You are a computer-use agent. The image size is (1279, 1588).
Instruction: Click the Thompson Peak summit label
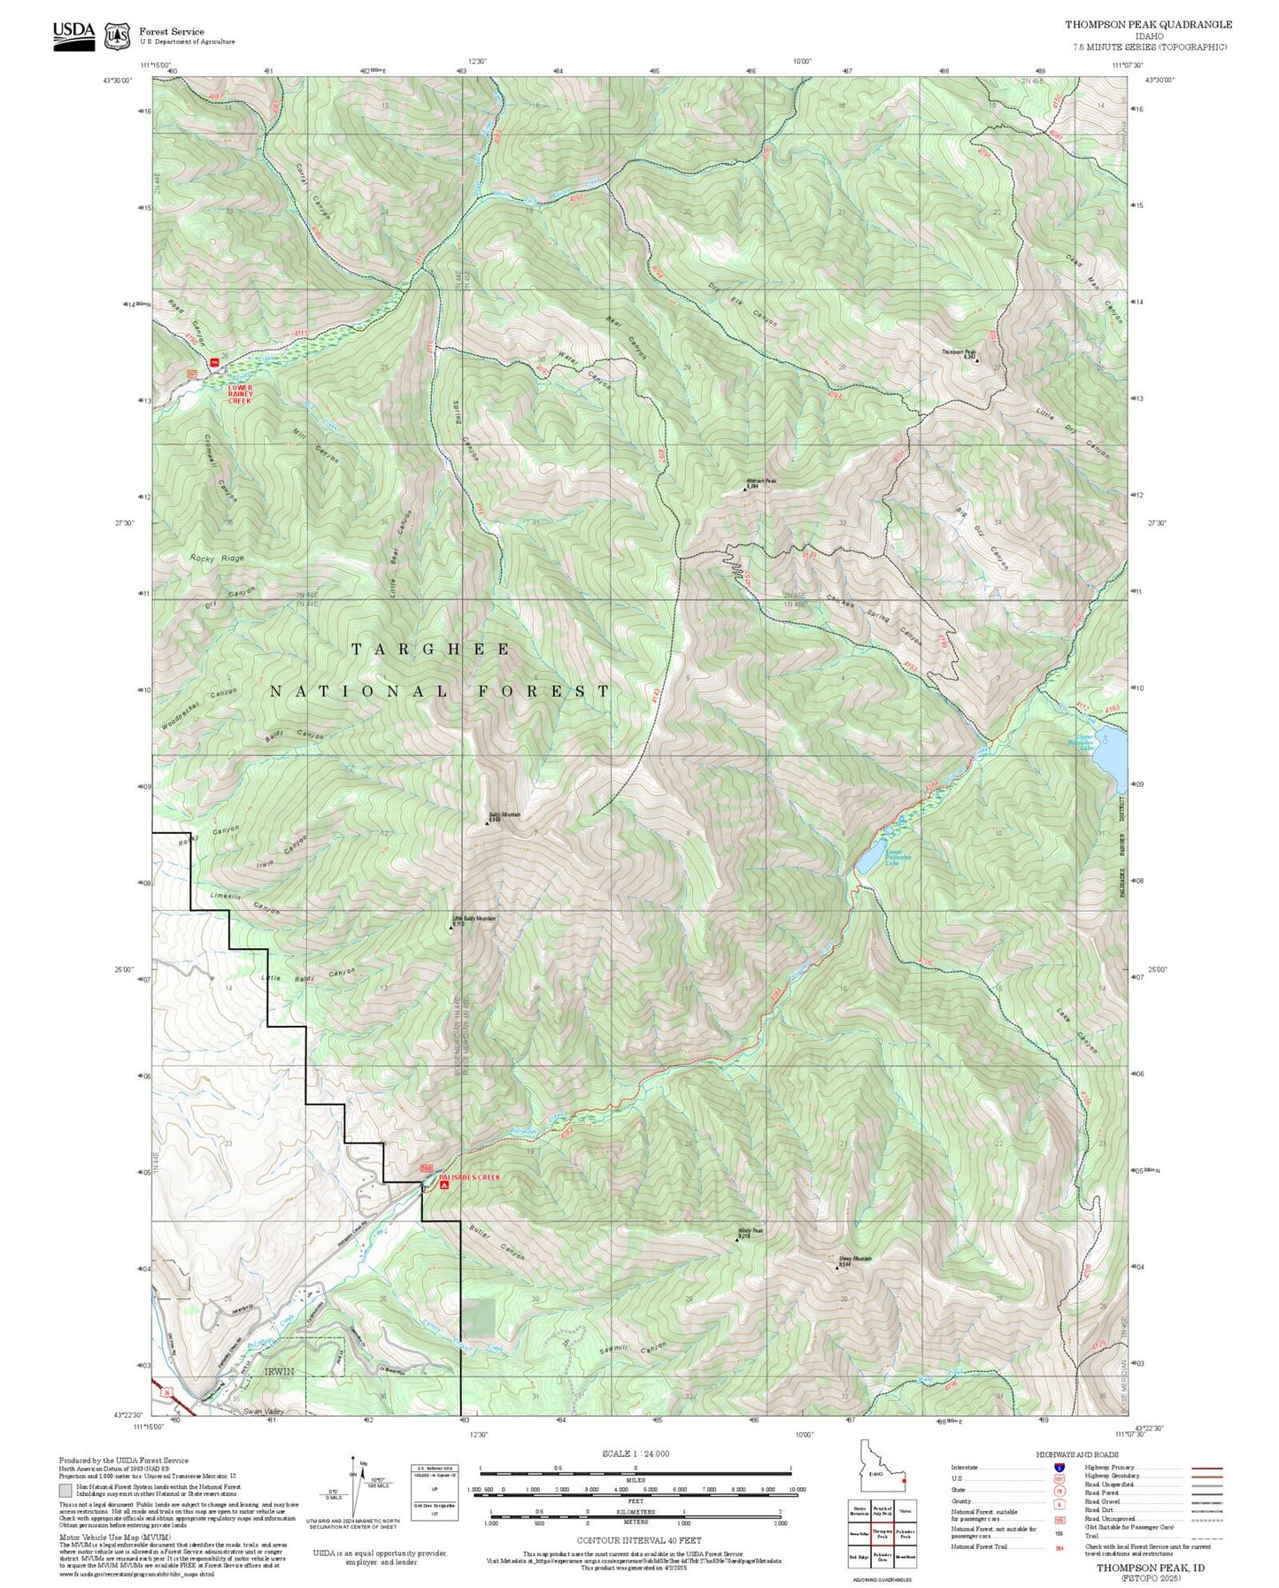click(x=957, y=352)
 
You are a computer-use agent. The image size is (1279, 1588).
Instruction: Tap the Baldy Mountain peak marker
click(x=487, y=823)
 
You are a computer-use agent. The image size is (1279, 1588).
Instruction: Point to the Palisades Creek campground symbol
click(x=443, y=1184)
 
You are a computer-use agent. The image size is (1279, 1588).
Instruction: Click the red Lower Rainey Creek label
click(x=240, y=394)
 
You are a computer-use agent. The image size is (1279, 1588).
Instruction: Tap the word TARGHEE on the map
click(x=431, y=650)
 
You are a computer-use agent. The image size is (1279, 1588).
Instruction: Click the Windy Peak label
click(x=749, y=1230)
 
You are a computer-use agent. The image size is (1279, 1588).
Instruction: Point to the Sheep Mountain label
click(x=855, y=1258)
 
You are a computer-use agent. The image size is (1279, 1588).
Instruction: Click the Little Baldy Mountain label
click(x=474, y=919)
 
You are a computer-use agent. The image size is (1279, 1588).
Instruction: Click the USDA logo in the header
click(x=73, y=35)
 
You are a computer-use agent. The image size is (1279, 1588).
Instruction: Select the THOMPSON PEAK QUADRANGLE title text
click(x=1148, y=25)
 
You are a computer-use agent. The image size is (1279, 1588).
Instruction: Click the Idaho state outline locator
click(x=879, y=1474)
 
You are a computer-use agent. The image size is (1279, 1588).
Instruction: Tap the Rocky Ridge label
click(x=217, y=559)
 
